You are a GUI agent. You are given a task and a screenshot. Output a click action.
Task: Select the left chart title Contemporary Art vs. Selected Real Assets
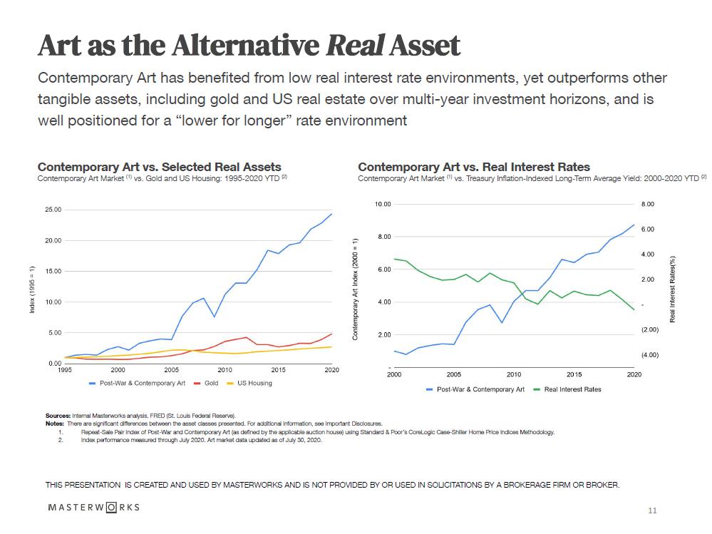[159, 167]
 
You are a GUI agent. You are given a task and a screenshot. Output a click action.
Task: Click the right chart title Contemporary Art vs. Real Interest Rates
[474, 167]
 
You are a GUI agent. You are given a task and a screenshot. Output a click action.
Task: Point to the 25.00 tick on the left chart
[53, 210]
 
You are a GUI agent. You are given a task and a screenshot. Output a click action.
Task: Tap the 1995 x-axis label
[64, 370]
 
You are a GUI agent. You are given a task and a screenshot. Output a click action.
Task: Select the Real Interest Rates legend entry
[572, 389]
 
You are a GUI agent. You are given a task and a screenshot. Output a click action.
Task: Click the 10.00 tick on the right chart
[383, 205]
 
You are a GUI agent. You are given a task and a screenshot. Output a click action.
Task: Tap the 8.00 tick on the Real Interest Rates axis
[646, 205]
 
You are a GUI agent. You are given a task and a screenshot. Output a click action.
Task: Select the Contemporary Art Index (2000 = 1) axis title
[355, 288]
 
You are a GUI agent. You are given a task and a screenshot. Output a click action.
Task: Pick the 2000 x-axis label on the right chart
[394, 374]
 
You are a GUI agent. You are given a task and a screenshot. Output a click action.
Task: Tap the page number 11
[652, 510]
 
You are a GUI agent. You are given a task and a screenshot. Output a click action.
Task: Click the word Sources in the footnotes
[57, 416]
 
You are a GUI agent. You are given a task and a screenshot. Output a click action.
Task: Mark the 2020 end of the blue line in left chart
[331, 214]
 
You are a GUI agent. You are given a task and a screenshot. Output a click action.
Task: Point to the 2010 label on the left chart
[225, 370]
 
